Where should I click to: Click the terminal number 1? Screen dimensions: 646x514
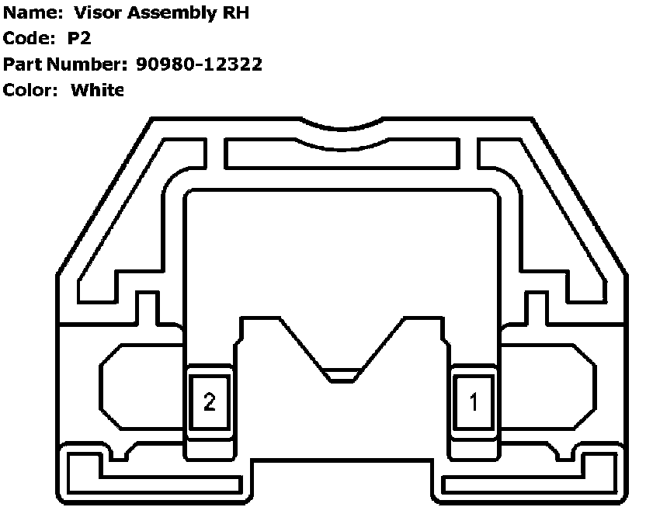(x=474, y=401)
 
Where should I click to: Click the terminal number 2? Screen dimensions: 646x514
(x=209, y=401)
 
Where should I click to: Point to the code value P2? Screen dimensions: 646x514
(x=79, y=40)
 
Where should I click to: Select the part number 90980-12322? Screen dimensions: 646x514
(x=199, y=64)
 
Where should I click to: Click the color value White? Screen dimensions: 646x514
(x=97, y=89)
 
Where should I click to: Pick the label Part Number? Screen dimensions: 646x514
(x=66, y=64)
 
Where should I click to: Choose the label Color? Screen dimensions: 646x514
(x=31, y=89)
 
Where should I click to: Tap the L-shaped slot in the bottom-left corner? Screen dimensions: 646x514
(x=85, y=470)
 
